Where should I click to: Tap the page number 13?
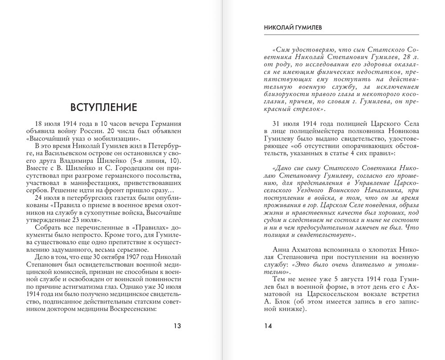pyautogui.click(x=177, y=326)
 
